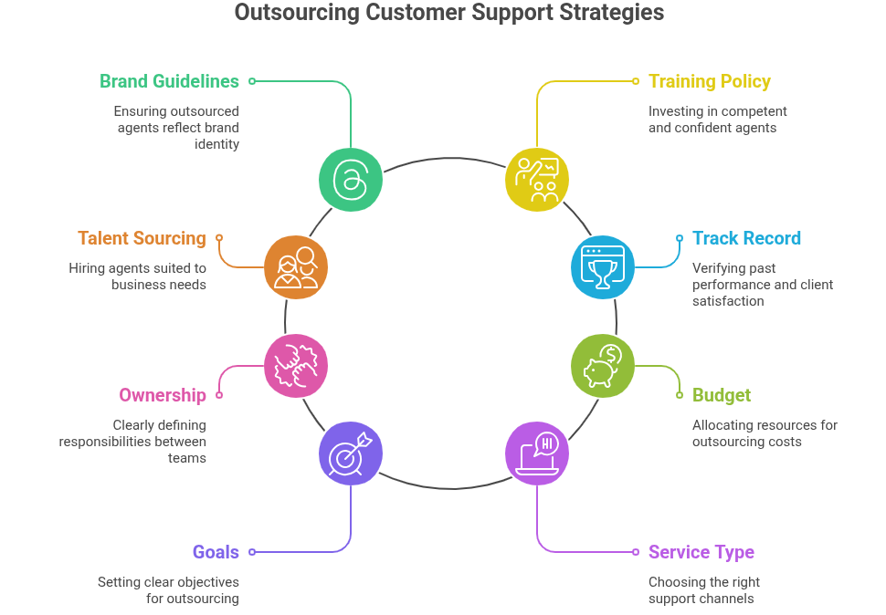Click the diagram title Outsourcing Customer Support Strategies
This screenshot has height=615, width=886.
[448, 13]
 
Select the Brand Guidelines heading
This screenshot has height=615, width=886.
[169, 81]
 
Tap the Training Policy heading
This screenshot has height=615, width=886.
[709, 81]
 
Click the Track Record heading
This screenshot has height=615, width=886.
[746, 238]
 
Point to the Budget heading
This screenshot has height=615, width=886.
[721, 395]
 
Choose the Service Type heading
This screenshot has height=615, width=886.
[701, 552]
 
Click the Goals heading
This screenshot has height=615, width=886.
[216, 552]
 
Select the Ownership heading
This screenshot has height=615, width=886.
[163, 395]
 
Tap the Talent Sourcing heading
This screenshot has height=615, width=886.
[142, 238]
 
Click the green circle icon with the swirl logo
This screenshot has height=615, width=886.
[351, 179]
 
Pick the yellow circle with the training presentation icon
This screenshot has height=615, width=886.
[537, 179]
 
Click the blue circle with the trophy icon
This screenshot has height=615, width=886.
[602, 267]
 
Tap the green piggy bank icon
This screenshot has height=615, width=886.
[602, 365]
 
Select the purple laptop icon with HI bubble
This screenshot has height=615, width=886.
[537, 453]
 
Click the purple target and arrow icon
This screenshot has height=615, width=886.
[351, 453]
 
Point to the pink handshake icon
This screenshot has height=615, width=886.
[296, 365]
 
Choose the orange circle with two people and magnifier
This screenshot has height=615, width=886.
[296, 267]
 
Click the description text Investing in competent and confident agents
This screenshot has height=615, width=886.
[717, 120]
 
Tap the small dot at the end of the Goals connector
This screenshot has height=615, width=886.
[252, 552]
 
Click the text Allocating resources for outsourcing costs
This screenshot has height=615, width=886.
[764, 433]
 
